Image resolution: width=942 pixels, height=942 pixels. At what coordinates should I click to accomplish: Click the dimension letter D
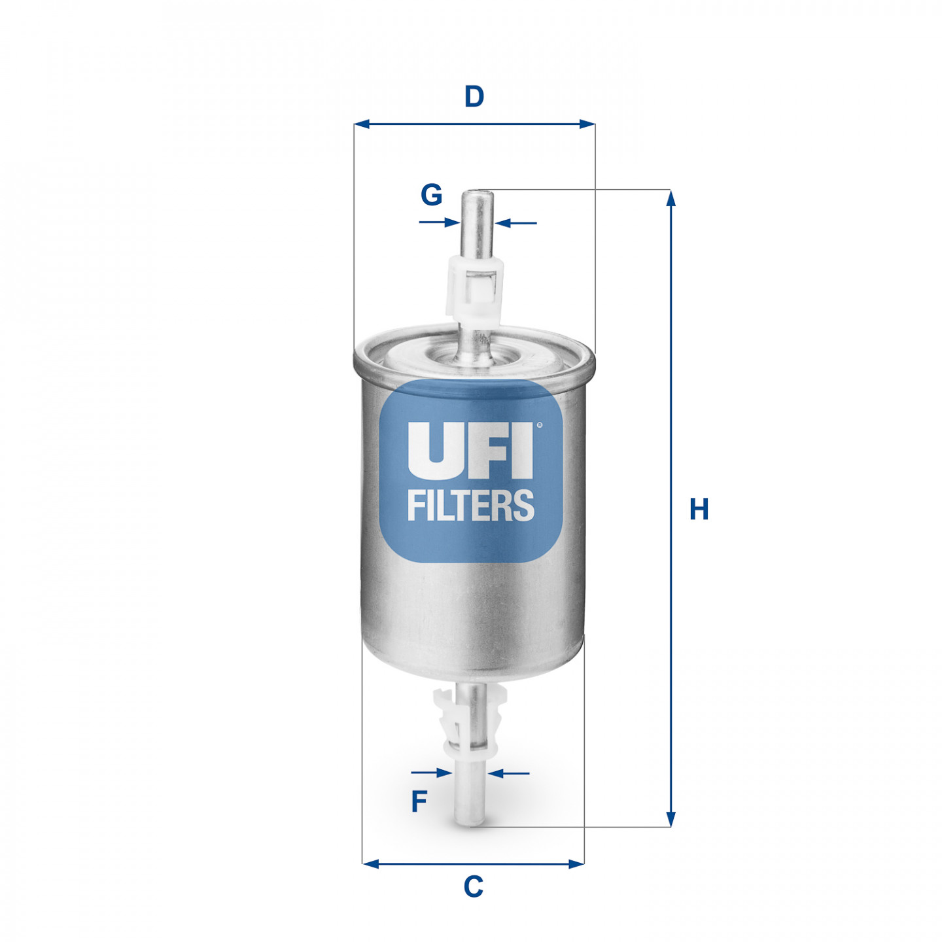pos(473,96)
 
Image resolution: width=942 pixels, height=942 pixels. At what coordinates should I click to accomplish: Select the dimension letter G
pos(431,194)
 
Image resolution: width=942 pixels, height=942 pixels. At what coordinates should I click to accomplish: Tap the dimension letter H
pos(699,509)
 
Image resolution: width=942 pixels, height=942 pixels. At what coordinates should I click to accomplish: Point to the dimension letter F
pos(419,801)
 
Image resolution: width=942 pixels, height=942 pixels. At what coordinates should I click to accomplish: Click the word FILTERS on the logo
pos(471,505)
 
